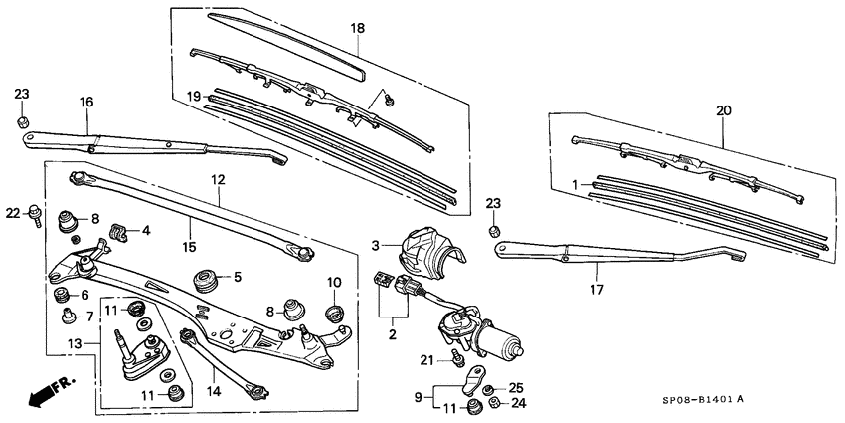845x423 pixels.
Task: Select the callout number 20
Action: [723, 110]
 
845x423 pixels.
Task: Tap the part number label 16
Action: [86, 103]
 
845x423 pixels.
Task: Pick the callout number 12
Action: [218, 180]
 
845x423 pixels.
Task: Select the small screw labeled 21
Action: [458, 353]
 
